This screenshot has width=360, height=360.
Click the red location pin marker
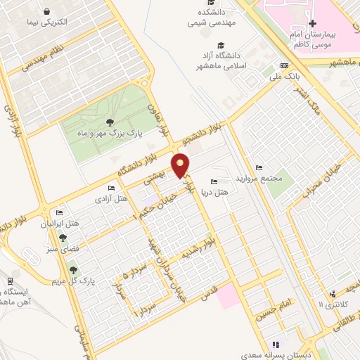click(x=182, y=165)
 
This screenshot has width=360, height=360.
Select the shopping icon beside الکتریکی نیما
click(x=46, y=12)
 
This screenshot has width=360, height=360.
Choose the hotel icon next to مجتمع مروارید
click(x=259, y=167)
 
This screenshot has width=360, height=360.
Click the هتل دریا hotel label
click(x=214, y=191)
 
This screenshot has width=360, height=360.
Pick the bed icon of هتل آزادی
click(x=110, y=188)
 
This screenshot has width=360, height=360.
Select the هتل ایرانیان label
click(x=56, y=224)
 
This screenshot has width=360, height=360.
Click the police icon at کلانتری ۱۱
click(x=332, y=294)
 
